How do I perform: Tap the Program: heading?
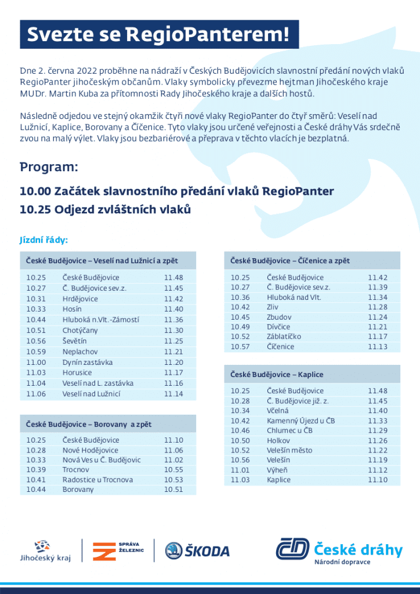(x=49, y=167)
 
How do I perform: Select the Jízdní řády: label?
(x=44, y=240)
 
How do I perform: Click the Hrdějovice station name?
(x=80, y=299)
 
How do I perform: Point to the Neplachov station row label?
(x=80, y=352)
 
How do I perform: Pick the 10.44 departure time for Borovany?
(x=36, y=490)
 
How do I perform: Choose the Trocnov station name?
(x=75, y=469)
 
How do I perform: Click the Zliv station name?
(x=273, y=307)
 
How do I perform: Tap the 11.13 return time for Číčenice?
(x=377, y=347)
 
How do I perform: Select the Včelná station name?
(x=277, y=411)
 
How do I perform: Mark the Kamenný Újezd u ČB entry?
(x=300, y=421)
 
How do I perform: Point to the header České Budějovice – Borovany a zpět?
(x=88, y=424)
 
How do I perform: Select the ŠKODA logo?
(x=197, y=550)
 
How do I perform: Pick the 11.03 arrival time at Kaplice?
(x=240, y=480)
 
